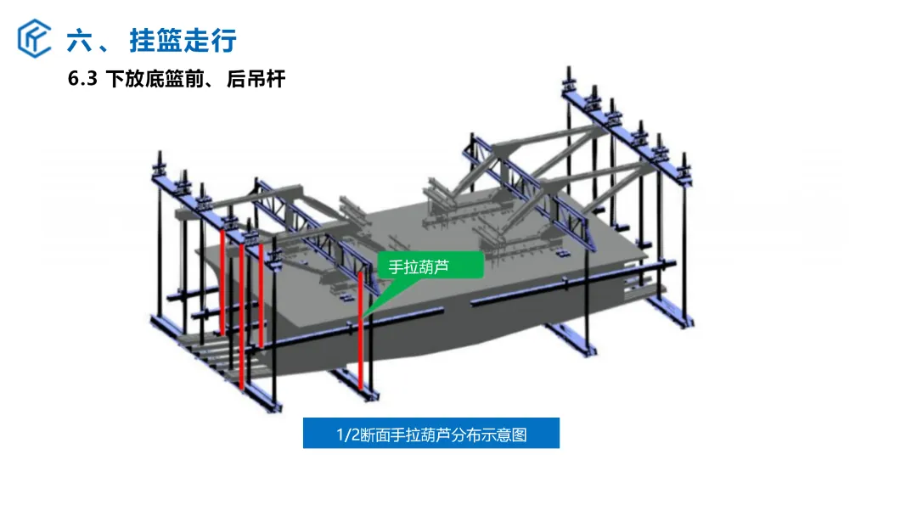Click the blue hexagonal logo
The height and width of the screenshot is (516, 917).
pos(34,38)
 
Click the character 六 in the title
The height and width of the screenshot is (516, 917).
pos(80,41)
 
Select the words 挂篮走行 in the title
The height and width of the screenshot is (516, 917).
pos(183,41)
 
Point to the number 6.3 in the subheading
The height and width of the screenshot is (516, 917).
pos(82,78)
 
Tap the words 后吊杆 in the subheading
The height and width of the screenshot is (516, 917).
pos(256,78)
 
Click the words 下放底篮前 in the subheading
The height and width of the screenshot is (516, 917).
pos(155,78)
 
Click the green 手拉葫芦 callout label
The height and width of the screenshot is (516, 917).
pos(430,266)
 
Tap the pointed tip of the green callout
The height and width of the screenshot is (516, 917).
pos(363,317)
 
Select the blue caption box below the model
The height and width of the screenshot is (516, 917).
pos(431,433)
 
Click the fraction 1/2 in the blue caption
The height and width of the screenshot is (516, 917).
pos(347,435)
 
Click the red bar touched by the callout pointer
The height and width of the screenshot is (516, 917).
pos(360,330)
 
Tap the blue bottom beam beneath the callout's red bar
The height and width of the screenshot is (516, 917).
pos(354,384)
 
